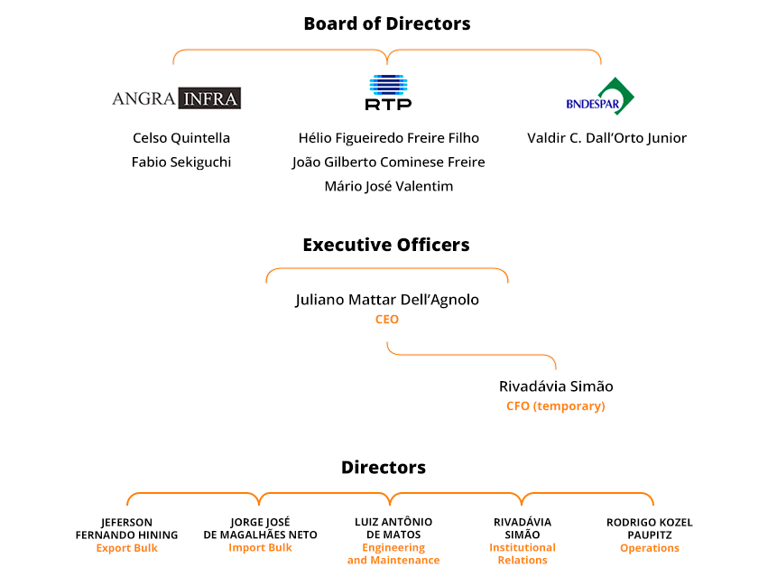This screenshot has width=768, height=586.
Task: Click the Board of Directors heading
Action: coord(387,23)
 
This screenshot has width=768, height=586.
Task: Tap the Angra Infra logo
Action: coord(176,98)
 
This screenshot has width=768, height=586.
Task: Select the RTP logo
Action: coord(388,92)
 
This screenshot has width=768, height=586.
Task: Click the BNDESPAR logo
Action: coord(600,96)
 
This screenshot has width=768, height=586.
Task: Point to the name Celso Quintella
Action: coord(181,138)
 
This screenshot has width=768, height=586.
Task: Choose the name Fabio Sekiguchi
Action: coord(181,163)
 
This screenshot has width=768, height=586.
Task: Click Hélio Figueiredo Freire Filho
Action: coord(389,138)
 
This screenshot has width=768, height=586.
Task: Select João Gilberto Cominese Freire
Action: coord(388,163)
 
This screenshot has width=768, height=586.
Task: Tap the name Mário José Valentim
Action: coord(389,186)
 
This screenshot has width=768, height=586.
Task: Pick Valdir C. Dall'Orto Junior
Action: coord(606,138)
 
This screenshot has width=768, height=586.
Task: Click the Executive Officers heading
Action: coord(386,245)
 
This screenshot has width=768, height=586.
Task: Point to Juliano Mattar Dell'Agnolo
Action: coord(387,300)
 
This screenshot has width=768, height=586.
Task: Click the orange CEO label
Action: coord(387,320)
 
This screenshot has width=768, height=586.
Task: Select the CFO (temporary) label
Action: coord(556,406)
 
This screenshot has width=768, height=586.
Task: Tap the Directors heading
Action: coord(384,468)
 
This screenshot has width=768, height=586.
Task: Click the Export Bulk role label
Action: coord(127,548)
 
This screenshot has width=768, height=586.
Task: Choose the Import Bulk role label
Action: coord(260,548)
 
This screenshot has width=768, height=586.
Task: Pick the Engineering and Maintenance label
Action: coord(393,554)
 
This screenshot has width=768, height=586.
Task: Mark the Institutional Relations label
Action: coord(523,554)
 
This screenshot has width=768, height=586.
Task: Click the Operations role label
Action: coord(650,548)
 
